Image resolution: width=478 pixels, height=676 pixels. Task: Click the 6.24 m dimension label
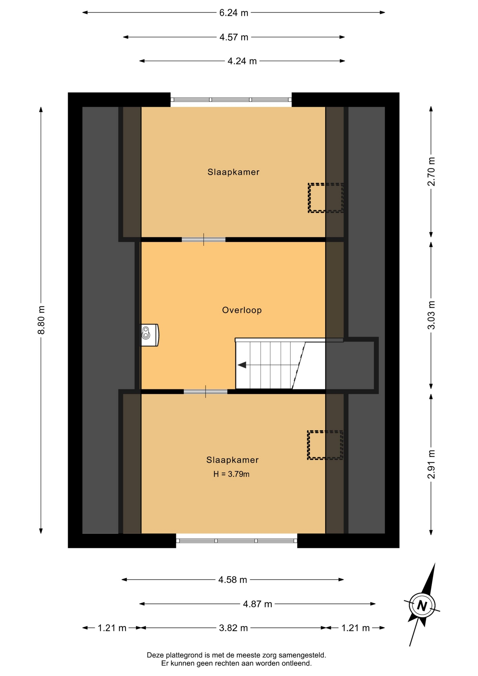234,13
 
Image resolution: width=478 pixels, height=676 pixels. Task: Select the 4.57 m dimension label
234,37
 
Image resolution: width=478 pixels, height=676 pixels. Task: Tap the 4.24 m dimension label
242,61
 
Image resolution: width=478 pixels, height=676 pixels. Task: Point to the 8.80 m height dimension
42,320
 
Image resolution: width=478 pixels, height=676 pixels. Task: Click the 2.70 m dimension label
431,171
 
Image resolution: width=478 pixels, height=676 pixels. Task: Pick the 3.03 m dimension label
431,315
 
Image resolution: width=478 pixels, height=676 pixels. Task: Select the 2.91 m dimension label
431,464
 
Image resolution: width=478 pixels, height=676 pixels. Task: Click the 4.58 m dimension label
233,580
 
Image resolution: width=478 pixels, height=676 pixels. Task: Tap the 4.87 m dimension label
258,604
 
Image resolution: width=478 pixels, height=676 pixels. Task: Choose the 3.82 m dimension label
233,628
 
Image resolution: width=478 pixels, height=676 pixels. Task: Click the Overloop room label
242,310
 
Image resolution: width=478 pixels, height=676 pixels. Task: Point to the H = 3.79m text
231,474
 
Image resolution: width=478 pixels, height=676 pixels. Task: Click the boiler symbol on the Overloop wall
150,335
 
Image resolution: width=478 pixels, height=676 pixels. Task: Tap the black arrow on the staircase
242,365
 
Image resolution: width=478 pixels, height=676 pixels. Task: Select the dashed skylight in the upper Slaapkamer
326,198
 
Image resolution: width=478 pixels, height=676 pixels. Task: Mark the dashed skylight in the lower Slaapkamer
325,445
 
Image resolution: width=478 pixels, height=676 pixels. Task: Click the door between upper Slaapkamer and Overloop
203,240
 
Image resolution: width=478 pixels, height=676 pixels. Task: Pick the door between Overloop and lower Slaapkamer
206,392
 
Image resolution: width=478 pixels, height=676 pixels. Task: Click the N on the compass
422,606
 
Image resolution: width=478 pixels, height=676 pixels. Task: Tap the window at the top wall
231,100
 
